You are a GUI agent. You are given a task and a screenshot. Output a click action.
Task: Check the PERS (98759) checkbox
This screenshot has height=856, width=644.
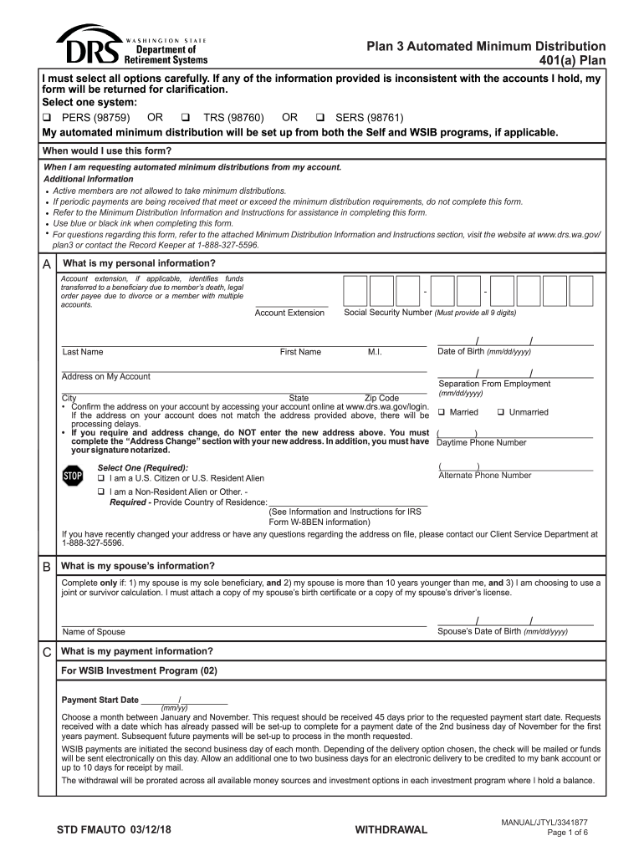point(48,118)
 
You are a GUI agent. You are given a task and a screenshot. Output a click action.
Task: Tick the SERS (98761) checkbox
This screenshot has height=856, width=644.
point(319,118)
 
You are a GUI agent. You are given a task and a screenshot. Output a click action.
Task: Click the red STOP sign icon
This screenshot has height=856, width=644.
point(74,476)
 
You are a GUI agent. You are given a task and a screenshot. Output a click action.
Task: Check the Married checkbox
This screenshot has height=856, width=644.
point(441,412)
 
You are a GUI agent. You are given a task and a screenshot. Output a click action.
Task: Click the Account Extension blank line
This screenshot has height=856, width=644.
point(290,305)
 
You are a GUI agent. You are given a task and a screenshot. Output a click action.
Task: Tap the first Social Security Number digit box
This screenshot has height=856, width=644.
point(355,291)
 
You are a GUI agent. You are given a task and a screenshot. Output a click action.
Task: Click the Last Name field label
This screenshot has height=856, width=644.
point(83,352)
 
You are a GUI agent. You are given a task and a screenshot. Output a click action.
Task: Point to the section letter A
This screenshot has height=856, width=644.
point(47,264)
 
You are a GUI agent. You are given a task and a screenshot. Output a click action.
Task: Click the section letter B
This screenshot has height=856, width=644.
point(47,566)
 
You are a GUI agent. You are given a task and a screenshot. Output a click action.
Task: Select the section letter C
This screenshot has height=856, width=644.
point(47,651)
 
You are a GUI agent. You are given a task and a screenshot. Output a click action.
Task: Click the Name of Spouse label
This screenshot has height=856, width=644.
point(94,632)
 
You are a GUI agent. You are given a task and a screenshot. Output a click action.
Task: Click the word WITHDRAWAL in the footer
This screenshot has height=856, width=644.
point(391,830)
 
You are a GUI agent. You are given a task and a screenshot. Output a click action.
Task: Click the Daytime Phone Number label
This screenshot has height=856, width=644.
point(482,442)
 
